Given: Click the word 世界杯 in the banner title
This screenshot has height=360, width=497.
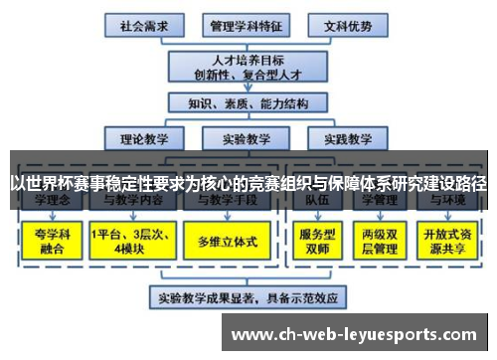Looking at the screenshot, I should pos(46,184).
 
